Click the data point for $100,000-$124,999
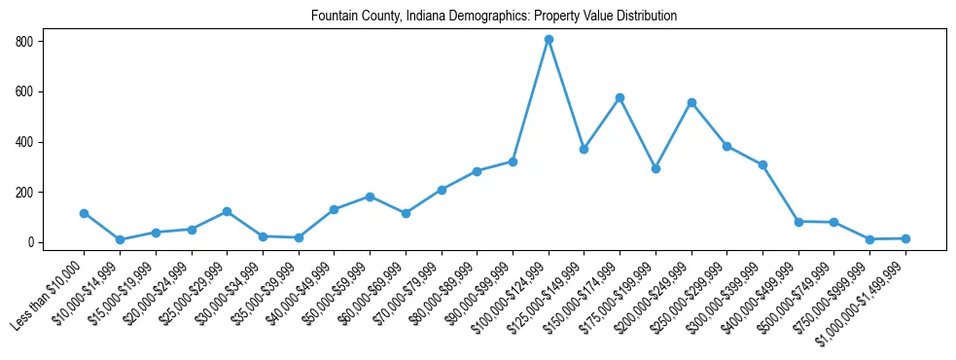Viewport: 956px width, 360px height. point(549,40)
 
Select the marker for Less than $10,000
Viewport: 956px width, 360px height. point(84,213)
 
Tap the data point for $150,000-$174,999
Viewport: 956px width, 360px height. point(620,98)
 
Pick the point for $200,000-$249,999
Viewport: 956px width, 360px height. point(691,102)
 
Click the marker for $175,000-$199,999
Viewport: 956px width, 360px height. point(655,168)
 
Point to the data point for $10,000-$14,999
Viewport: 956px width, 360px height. point(120,240)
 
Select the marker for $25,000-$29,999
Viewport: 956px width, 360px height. point(227,211)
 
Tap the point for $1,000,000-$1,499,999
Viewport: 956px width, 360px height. point(905,238)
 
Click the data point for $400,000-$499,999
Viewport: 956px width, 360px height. point(798,222)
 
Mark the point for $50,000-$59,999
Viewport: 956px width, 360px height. point(370,197)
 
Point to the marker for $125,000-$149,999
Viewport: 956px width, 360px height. point(584,149)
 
